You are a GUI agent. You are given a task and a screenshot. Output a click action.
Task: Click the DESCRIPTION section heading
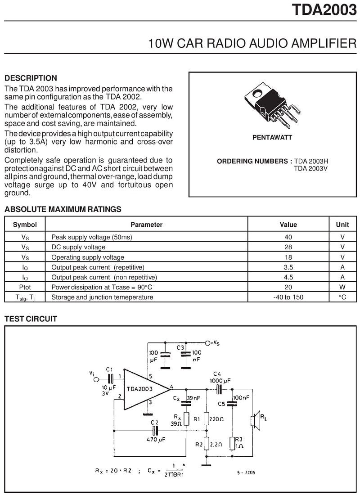(31, 78)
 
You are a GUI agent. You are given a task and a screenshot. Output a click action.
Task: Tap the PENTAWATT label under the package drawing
(272, 137)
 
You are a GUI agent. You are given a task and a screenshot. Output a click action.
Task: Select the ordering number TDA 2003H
(311, 161)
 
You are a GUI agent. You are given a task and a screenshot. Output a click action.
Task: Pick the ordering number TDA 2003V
(311, 169)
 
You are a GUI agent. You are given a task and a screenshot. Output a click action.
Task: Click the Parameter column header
(147, 225)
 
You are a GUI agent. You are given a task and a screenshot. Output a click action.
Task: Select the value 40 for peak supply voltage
(288, 237)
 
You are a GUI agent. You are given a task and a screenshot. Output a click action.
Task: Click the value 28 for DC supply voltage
(288, 247)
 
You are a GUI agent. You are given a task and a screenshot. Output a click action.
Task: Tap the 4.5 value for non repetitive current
(288, 277)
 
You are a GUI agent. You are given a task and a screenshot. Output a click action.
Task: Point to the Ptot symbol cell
(25, 287)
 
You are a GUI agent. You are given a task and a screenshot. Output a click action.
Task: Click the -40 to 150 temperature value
(288, 297)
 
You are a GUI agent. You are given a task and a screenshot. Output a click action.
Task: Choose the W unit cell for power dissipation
(342, 287)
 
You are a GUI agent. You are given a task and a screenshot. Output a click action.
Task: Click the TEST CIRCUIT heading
(31, 319)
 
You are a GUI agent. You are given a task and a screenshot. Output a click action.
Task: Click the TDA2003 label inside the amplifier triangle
(139, 389)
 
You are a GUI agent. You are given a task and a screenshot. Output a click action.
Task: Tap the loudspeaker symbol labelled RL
(255, 420)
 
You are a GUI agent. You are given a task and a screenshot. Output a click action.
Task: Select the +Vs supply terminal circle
(208, 343)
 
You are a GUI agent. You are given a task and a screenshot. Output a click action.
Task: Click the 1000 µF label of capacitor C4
(220, 381)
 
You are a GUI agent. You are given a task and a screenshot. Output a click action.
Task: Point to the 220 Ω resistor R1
(206, 418)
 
